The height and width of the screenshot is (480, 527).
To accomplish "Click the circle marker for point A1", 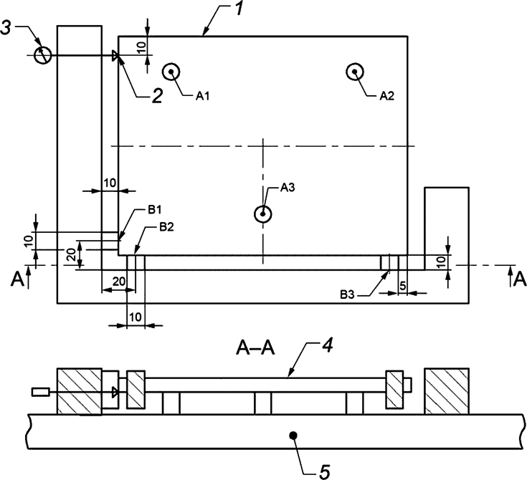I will point(171,72).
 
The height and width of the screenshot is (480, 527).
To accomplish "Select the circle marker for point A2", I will point(355,71).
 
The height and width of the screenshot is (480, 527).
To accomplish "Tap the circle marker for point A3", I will point(264,213).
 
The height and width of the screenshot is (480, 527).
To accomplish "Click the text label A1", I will point(203,95).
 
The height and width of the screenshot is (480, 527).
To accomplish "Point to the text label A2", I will point(387,95).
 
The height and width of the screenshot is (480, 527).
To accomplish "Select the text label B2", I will point(166,227).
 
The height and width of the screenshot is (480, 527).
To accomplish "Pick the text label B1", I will point(156,209).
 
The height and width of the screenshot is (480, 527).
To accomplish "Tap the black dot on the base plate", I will point(293,434).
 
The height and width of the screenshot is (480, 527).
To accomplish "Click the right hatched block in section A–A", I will point(447,390).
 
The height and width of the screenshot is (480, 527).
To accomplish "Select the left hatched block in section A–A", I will point(79,391).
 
